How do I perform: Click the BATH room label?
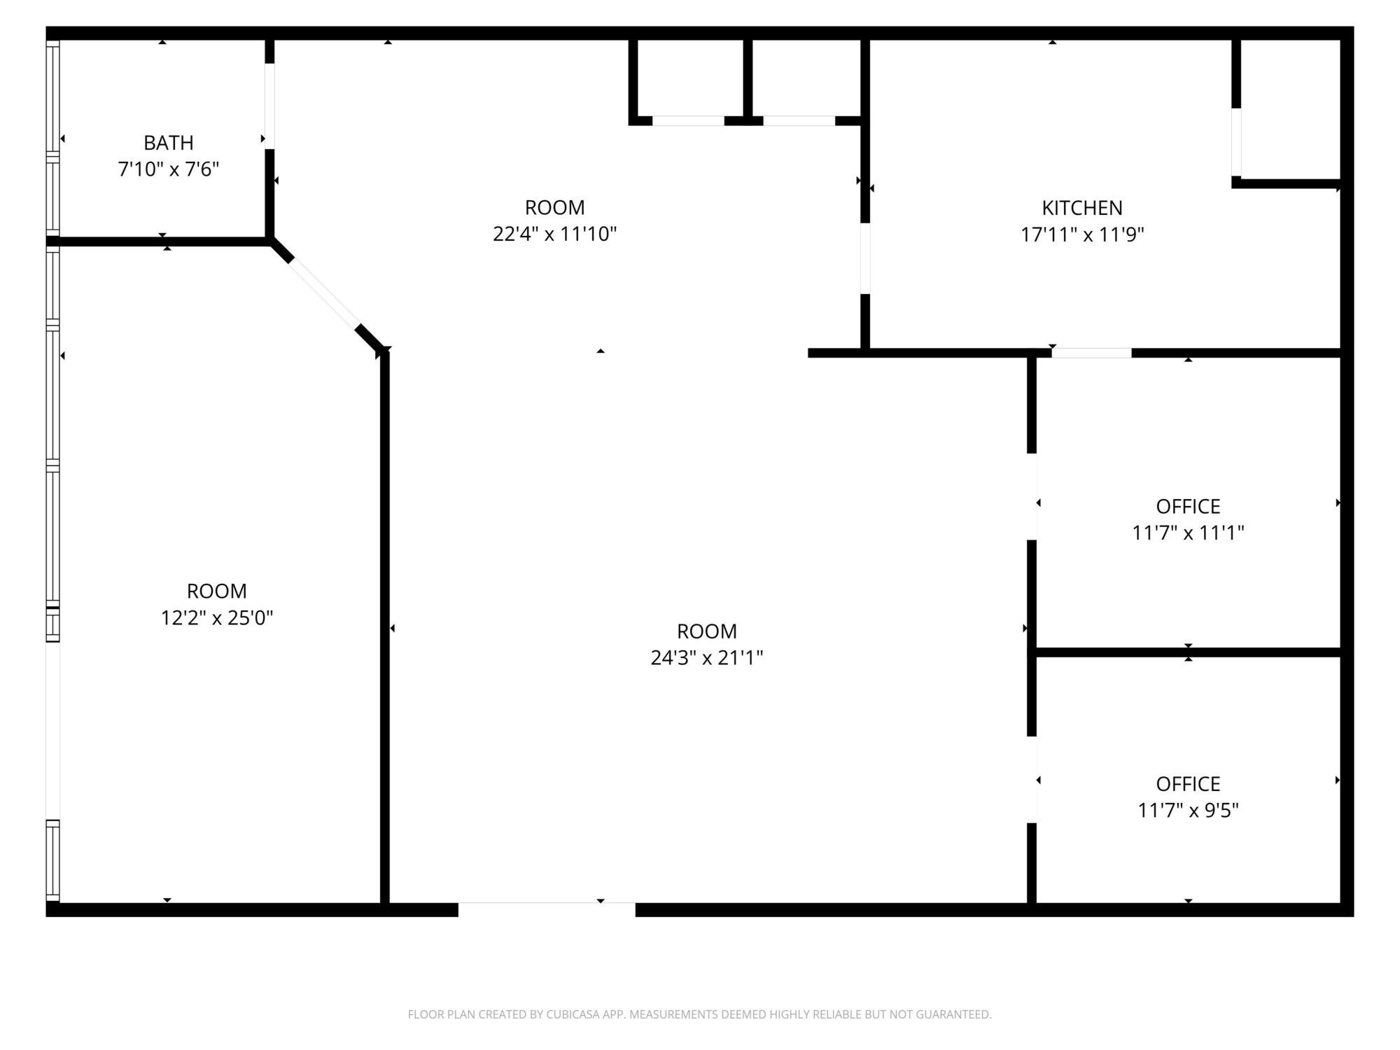pos(168,143)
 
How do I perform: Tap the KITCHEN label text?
pos(1082,208)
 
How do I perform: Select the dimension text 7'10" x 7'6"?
pos(169,169)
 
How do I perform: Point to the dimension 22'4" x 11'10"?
pos(554,234)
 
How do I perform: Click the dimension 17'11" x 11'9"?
pos(1082,234)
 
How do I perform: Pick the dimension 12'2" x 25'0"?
pos(217,618)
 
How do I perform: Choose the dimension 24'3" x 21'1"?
pos(707,658)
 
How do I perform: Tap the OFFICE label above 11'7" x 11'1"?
pos(1188,506)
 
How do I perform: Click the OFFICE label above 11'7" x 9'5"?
pos(1188,784)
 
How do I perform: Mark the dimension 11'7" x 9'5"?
pos(1188,810)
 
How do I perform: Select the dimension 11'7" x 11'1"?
pos(1188,533)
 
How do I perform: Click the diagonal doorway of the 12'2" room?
pos(323,294)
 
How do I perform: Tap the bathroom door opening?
pos(269,106)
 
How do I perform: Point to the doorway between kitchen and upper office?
pos(1091,353)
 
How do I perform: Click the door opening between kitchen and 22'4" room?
pos(865,258)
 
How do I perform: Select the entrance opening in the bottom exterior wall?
pos(547,909)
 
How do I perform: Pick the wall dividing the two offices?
pos(1188,652)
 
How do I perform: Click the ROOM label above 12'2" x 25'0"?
pos(217,591)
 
